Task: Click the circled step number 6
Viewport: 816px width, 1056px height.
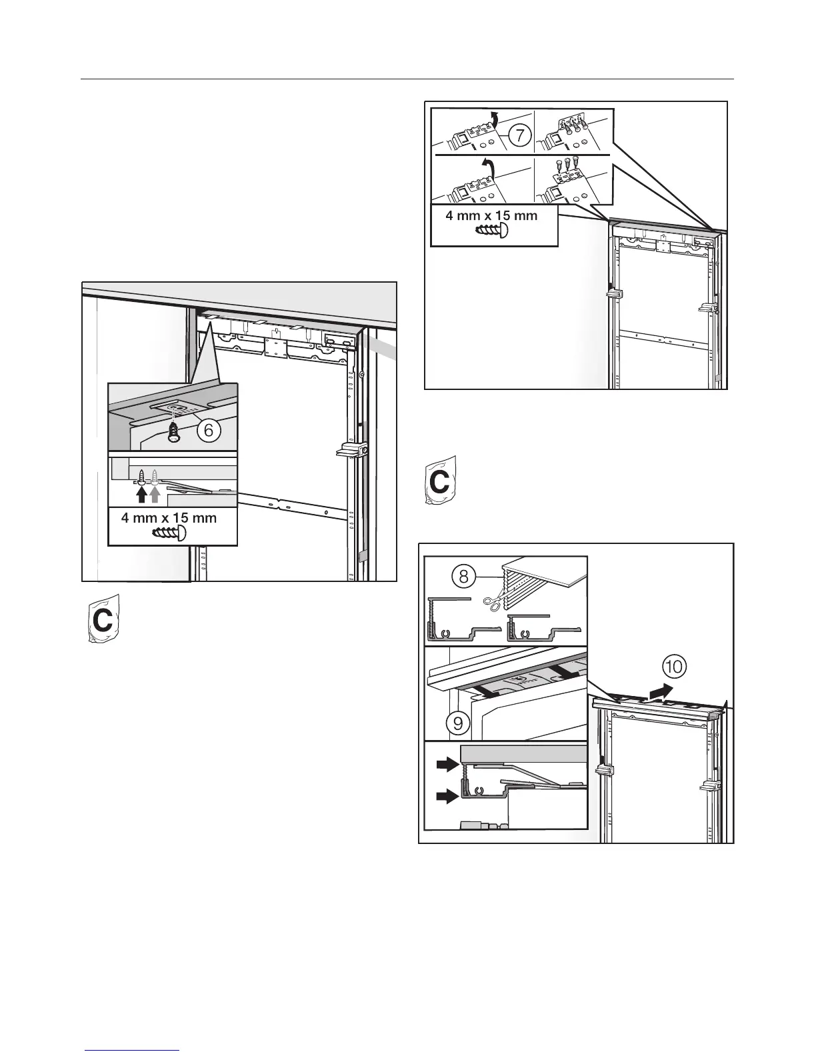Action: [x=208, y=431]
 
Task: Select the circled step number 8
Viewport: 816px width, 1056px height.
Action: [x=463, y=577]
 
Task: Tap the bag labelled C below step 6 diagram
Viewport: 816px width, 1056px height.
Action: [x=103, y=619]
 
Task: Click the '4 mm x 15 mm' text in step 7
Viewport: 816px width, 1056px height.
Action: [x=491, y=216]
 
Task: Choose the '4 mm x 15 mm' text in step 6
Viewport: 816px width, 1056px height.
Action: [x=169, y=518]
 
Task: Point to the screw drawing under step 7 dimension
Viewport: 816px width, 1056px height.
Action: [x=492, y=231]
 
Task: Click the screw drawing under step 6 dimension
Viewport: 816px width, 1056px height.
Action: [x=170, y=533]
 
